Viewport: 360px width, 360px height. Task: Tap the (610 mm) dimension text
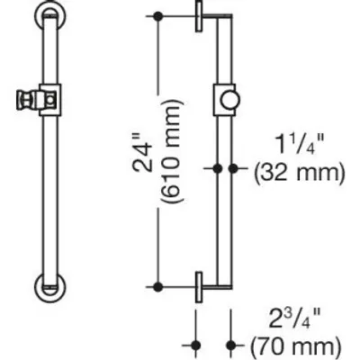tap(172, 151)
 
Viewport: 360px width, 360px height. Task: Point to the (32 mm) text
tap(299, 173)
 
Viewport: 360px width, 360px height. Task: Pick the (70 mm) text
tap(295, 348)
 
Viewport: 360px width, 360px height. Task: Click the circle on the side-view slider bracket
tap(230, 100)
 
